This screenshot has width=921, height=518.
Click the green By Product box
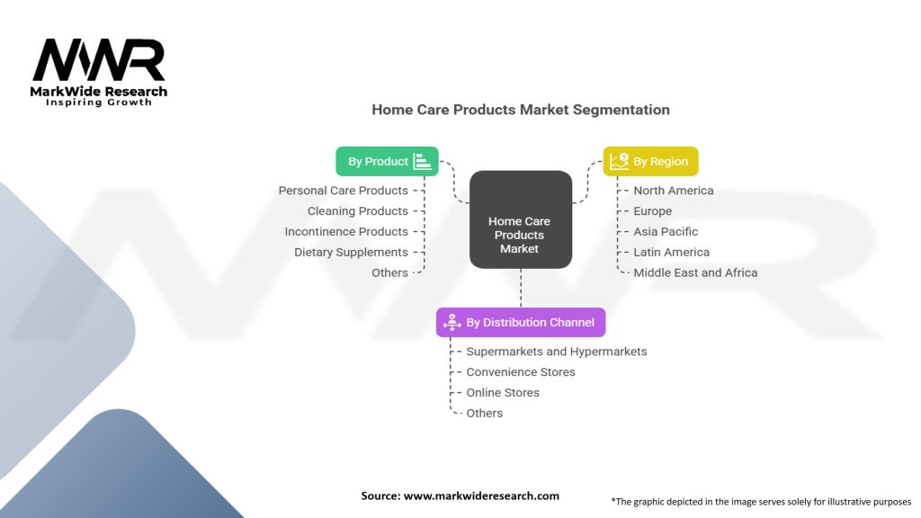coord(387,162)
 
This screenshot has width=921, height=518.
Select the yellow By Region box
coord(651,162)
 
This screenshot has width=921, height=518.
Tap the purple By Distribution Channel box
coord(521,323)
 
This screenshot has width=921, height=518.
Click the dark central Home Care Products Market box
coord(521,219)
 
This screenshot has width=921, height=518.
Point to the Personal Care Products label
coord(343,191)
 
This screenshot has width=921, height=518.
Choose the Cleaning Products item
coord(358,210)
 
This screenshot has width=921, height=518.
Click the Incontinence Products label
coord(346,231)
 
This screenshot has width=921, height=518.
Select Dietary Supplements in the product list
coord(352,252)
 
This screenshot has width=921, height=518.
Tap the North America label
coord(673,191)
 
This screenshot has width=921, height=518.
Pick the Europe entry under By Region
coord(653,210)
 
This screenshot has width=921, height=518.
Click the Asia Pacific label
coord(666,231)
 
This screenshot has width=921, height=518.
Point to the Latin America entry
coord(671,252)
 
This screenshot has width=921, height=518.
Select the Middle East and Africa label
coord(695,272)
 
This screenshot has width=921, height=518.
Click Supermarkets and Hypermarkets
coord(557,352)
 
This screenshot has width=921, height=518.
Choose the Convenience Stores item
coord(521,371)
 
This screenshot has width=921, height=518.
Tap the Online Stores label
coord(503,392)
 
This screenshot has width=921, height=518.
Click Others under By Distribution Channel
coord(485,413)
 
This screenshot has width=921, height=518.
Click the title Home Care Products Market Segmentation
coord(521,110)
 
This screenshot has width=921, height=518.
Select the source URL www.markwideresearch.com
coord(481,496)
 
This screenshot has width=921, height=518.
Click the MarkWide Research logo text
coord(99,92)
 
